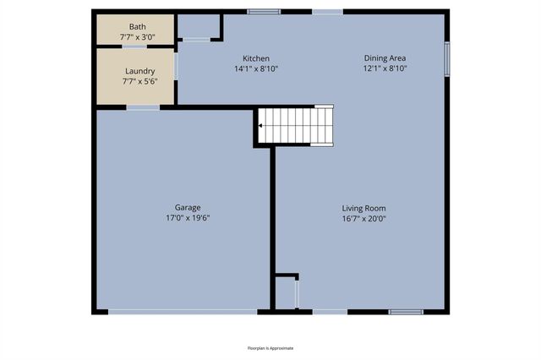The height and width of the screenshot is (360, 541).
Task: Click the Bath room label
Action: pyautogui.click(x=137, y=27)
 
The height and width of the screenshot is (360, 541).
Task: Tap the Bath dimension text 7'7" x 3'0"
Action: pyautogui.click(x=137, y=37)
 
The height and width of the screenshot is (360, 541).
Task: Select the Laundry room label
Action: pyautogui.click(x=139, y=71)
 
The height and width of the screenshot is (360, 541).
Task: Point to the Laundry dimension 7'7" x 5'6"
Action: pyautogui.click(x=139, y=82)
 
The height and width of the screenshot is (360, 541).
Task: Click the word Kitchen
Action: pyautogui.click(x=255, y=58)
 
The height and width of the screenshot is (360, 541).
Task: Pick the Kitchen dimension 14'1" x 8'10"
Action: pyautogui.click(x=255, y=68)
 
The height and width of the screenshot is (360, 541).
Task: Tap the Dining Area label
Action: pyautogui.click(x=385, y=58)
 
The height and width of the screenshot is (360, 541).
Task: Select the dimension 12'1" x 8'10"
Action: pyautogui.click(x=385, y=68)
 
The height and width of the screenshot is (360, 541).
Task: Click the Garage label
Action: pyautogui.click(x=188, y=207)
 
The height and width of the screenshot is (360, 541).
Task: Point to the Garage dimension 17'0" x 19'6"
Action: pyautogui.click(x=188, y=217)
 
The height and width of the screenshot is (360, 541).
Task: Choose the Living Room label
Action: pyautogui.click(x=363, y=208)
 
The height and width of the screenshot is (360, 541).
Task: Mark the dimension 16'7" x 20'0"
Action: pyautogui.click(x=363, y=218)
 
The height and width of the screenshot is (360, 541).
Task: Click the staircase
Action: pyautogui.click(x=296, y=125)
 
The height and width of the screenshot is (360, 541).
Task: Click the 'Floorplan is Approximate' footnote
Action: pyautogui.click(x=270, y=348)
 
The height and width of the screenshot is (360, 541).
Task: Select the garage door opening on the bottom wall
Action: pyautogui.click(x=183, y=312)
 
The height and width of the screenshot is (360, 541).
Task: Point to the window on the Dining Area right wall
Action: pyautogui.click(x=447, y=58)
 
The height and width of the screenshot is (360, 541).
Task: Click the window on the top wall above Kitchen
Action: pyautogui.click(x=264, y=11)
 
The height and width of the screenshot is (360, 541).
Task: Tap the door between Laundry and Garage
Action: pyautogui.click(x=143, y=107)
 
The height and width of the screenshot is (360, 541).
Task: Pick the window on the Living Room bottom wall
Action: pyautogui.click(x=406, y=312)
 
